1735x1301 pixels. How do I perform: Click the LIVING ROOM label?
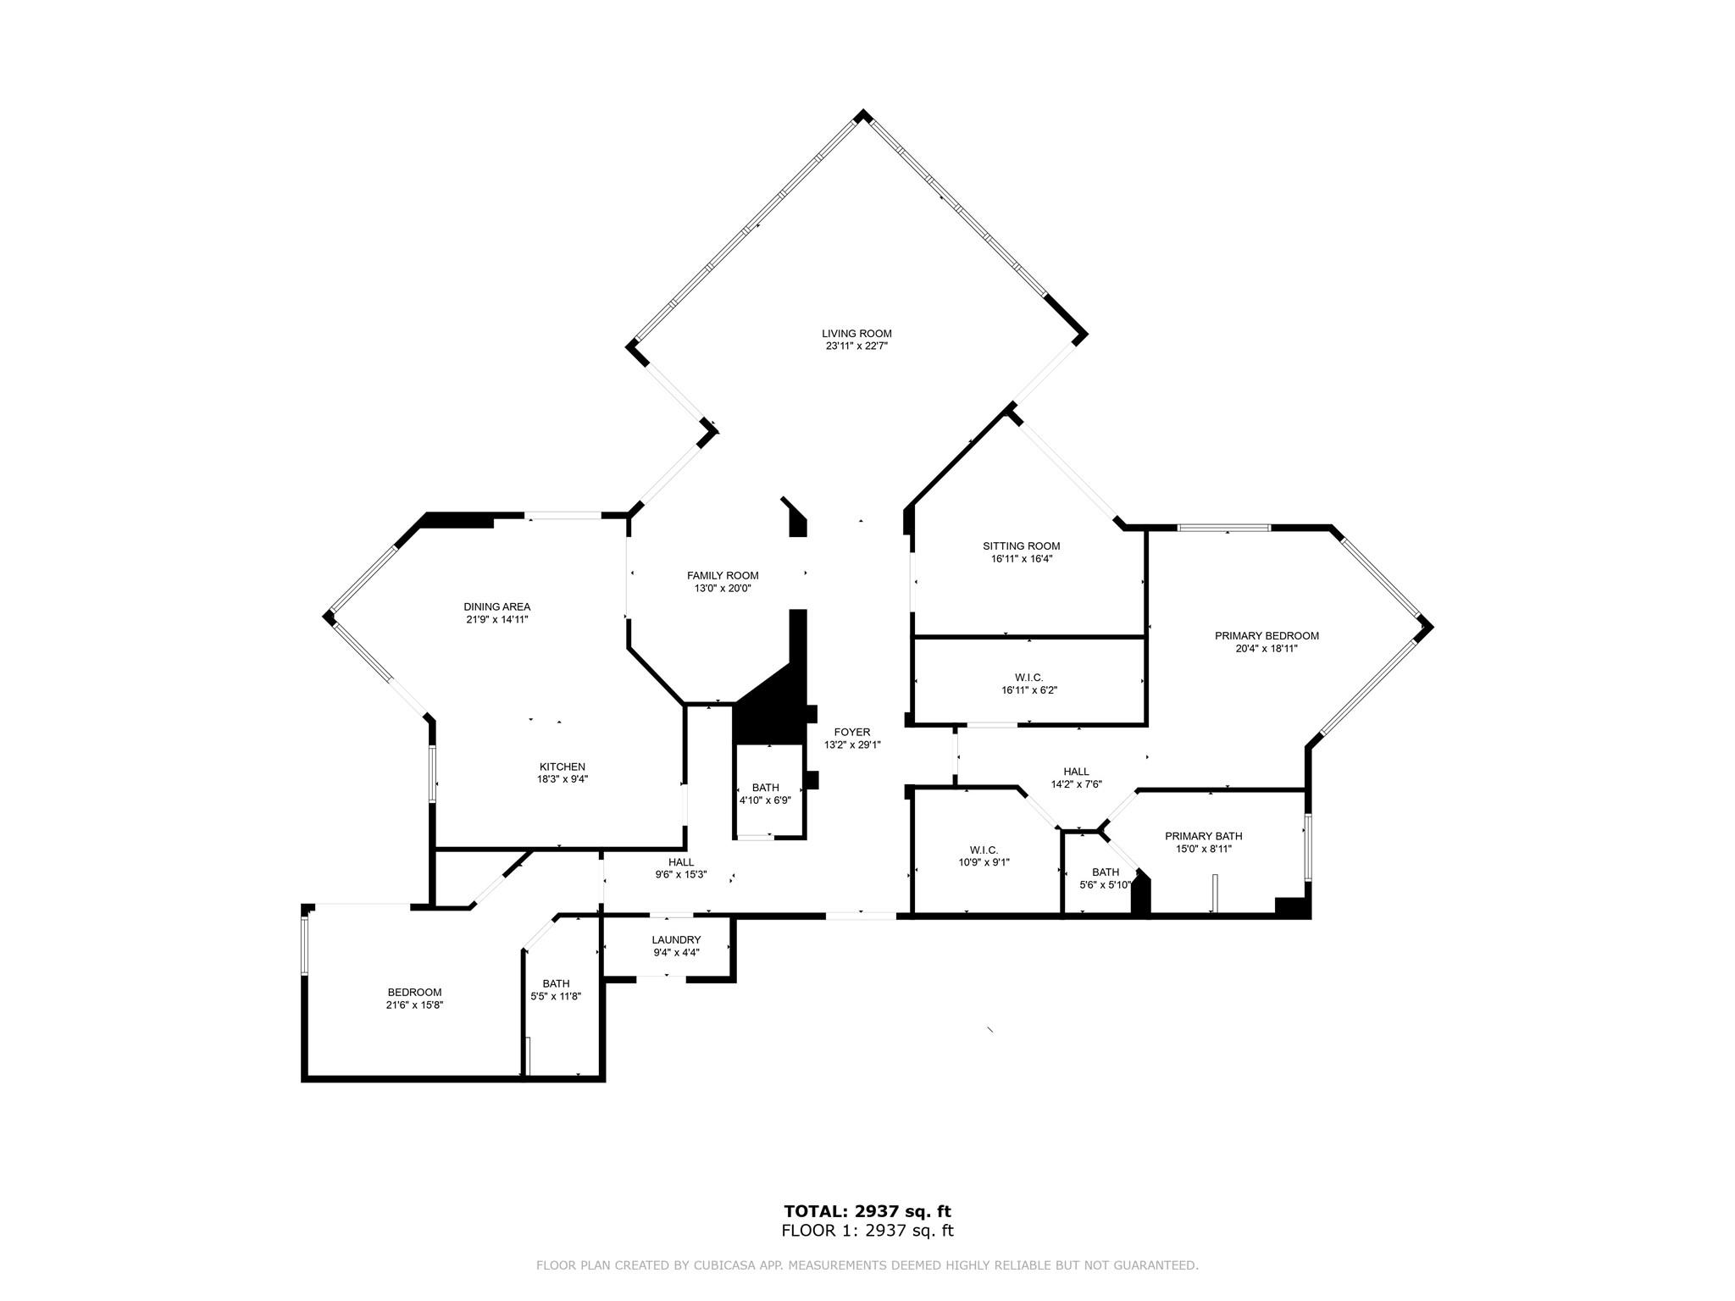pyautogui.click(x=856, y=334)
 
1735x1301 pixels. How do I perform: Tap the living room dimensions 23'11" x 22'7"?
pyautogui.click(x=856, y=346)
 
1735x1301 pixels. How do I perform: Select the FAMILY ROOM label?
pyautogui.click(x=723, y=576)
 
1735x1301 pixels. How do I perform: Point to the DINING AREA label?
pyautogui.click(x=497, y=606)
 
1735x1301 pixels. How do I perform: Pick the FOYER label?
pyautogui.click(x=852, y=733)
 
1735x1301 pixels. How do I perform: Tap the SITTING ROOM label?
pyautogui.click(x=1022, y=546)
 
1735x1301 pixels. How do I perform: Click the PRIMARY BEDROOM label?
pyautogui.click(x=1267, y=636)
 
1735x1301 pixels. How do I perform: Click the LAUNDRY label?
pyautogui.click(x=676, y=939)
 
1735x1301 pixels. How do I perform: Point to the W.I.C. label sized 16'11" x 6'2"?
pyautogui.click(x=1029, y=677)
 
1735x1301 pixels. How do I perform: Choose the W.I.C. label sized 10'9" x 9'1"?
pyautogui.click(x=984, y=850)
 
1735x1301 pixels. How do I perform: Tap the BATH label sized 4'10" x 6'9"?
pyautogui.click(x=765, y=788)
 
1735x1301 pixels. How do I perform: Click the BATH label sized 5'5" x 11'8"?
pyautogui.click(x=556, y=983)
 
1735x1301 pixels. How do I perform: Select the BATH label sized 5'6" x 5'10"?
pyautogui.click(x=1106, y=872)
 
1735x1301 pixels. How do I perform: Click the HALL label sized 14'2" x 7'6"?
pyautogui.click(x=1076, y=772)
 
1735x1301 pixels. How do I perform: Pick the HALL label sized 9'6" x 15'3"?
pyautogui.click(x=680, y=862)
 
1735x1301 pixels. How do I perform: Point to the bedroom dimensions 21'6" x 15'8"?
pyautogui.click(x=414, y=1005)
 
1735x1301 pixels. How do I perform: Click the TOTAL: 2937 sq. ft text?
pyautogui.click(x=867, y=1212)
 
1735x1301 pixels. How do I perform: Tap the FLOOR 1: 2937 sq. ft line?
pyautogui.click(x=867, y=1231)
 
